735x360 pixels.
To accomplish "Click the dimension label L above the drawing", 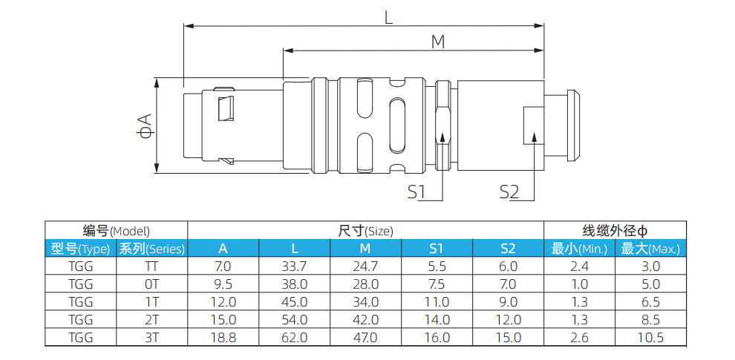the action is click(x=388, y=17).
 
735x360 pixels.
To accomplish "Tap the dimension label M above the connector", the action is click(x=438, y=42).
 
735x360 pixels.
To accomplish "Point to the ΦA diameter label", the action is click(x=146, y=125).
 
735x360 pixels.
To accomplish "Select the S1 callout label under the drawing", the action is click(x=416, y=192).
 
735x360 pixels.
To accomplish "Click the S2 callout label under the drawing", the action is click(x=509, y=192).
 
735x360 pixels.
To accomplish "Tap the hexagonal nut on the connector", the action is click(x=443, y=125).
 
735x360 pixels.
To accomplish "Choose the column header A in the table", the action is click(x=223, y=249).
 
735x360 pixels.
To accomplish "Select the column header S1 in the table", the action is click(x=437, y=249).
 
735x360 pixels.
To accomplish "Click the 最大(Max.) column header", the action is click(x=650, y=249).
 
